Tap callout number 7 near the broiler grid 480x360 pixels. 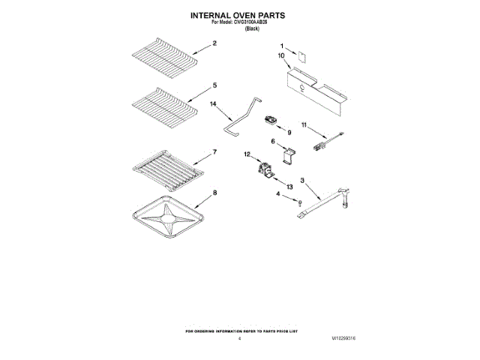tap(214, 152)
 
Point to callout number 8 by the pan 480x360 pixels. tap(216, 193)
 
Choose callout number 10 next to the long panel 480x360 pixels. tap(282, 55)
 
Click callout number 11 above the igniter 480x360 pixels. tap(304, 124)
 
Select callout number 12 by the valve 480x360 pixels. tap(246, 155)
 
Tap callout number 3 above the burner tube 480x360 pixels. tap(302, 180)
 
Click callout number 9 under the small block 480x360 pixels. tap(288, 131)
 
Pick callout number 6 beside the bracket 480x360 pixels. tap(273, 140)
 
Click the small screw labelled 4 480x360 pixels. tap(298, 203)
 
